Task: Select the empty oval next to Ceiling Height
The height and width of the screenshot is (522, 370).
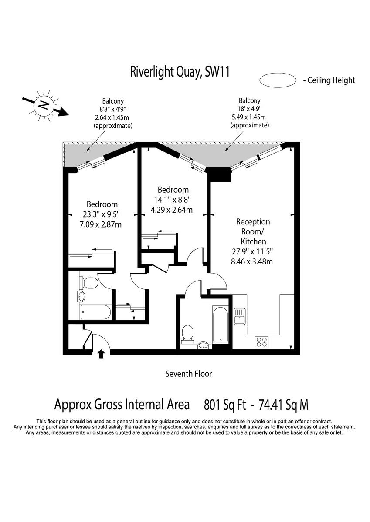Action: click(278, 80)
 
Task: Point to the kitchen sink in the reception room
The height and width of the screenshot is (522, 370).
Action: click(240, 316)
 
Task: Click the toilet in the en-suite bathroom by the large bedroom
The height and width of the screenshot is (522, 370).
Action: click(88, 283)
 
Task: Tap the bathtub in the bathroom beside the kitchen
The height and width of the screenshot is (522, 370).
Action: click(220, 325)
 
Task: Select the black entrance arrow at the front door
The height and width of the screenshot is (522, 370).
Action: click(101, 354)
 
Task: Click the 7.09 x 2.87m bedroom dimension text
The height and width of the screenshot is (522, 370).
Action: click(101, 224)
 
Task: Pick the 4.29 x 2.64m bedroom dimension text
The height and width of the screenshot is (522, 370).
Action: click(172, 210)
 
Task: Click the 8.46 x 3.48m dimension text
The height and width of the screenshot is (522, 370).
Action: click(252, 261)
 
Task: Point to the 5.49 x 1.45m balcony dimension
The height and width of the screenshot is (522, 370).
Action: click(250, 117)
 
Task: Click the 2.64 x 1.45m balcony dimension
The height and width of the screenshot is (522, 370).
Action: click(113, 117)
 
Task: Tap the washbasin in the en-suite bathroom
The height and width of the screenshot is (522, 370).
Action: click(81, 296)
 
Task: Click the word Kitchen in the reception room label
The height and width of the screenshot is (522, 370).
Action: click(253, 241)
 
